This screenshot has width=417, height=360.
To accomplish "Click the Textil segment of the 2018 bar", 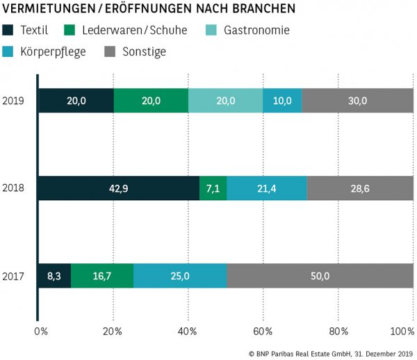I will pos(118,189).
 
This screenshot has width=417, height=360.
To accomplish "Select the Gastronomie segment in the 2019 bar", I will pos(225,101).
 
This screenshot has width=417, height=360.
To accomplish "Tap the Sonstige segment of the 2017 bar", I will pos(320,277).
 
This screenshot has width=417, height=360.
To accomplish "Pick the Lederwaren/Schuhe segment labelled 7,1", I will pos(213,189).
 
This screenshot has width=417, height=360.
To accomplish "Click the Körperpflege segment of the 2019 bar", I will pos(282,101).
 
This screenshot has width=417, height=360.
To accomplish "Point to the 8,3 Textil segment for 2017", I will pos(55,277).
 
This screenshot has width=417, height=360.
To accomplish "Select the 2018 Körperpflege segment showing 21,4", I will pos(266,189).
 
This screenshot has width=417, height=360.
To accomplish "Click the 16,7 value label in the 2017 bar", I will pos(102,277).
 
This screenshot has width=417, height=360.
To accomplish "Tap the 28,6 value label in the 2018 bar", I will pos(359,189).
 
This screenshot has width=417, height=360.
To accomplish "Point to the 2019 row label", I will pos(14,101).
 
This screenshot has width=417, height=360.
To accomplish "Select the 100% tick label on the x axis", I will pos(402,330).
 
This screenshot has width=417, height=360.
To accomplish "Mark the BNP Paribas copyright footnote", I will pos(331,353).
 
